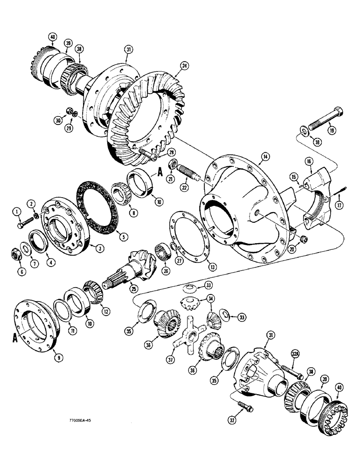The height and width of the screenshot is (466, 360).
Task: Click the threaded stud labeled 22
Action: coord(192,179)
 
